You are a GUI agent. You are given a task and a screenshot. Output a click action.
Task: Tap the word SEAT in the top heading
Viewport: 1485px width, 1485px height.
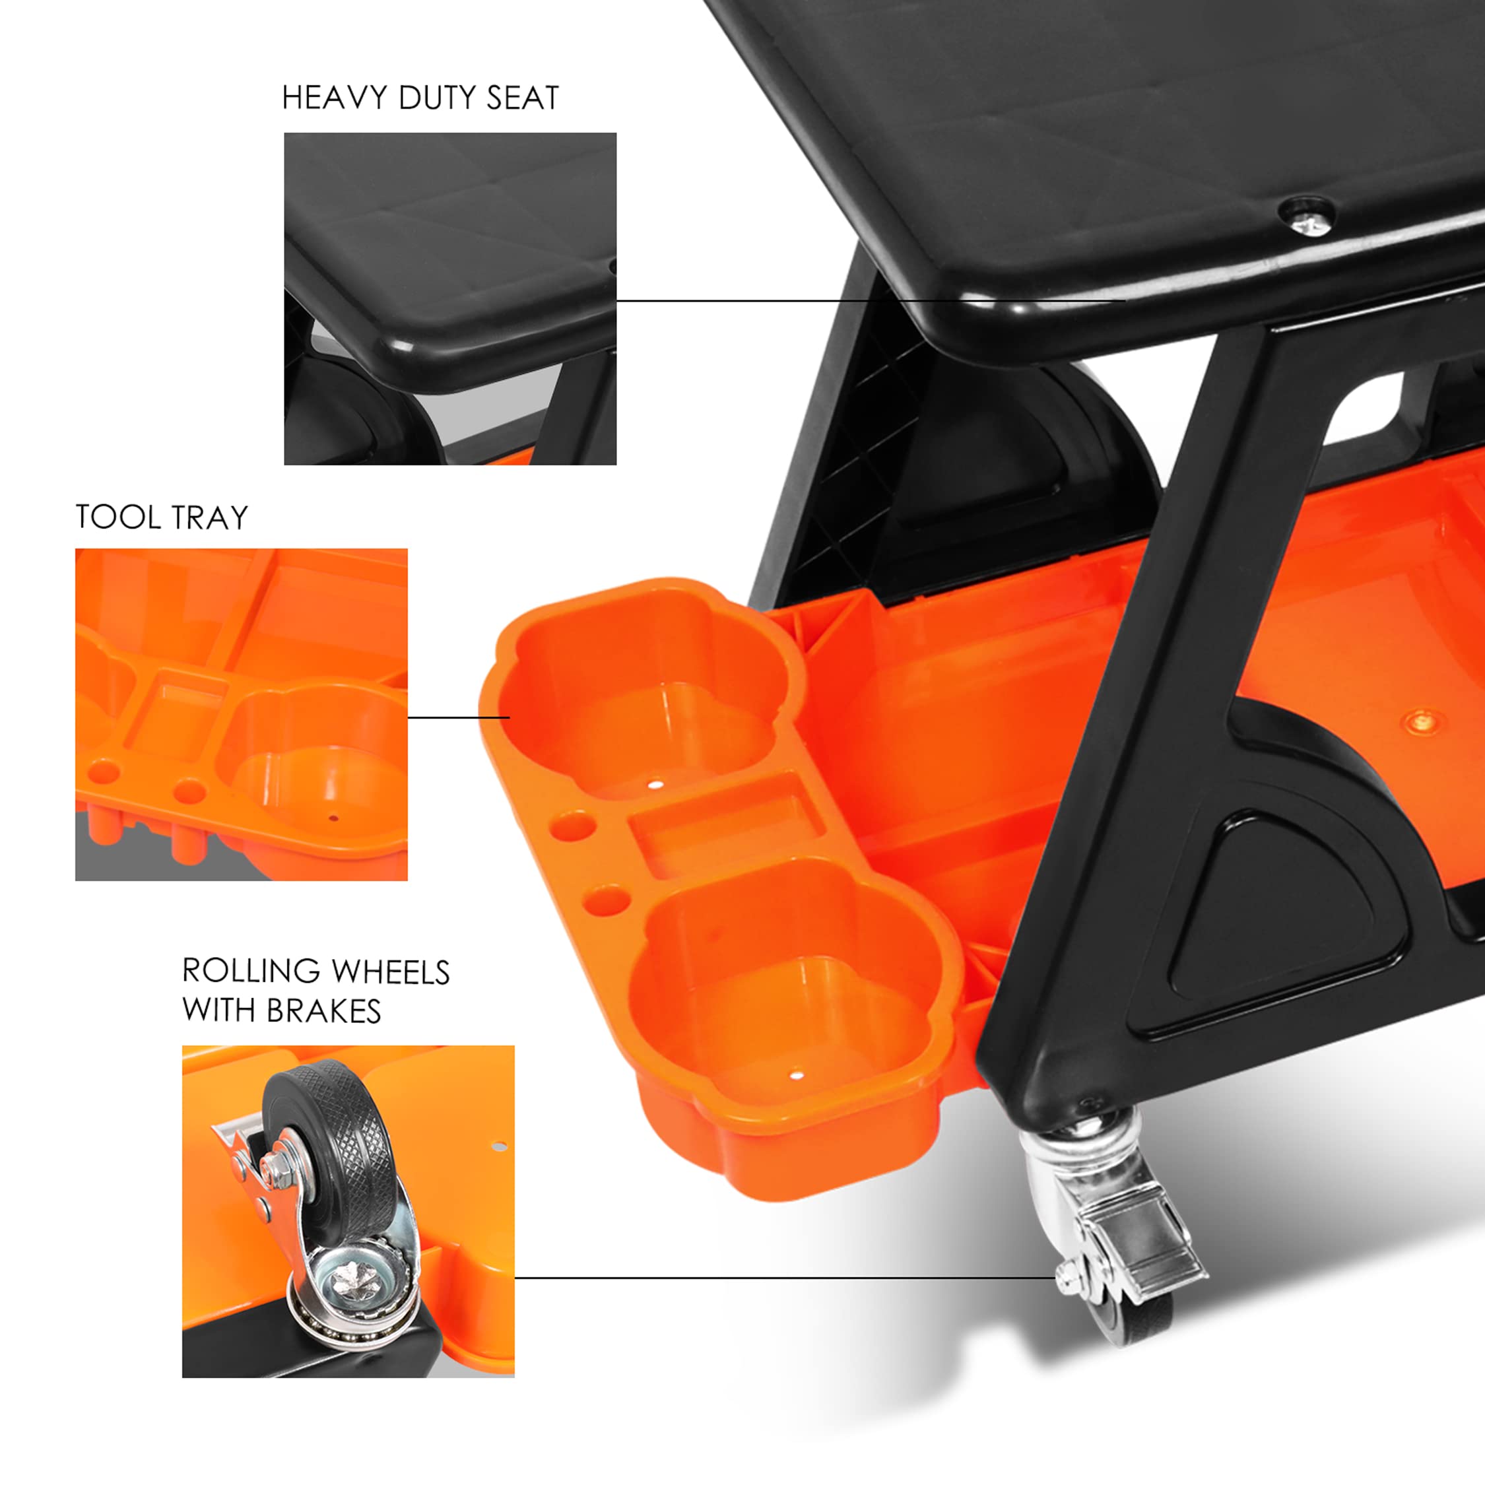tap(522, 98)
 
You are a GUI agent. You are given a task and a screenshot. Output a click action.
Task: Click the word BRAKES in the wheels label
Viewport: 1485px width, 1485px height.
tap(323, 1012)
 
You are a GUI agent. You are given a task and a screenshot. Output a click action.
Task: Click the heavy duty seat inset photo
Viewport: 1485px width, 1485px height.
tap(449, 298)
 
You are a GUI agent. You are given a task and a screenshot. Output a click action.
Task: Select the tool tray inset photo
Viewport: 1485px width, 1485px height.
tap(241, 714)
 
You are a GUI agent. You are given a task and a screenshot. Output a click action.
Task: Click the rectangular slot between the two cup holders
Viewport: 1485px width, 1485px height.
tap(727, 826)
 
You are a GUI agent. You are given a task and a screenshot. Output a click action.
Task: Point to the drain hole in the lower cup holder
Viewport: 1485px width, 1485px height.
tap(797, 1074)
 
